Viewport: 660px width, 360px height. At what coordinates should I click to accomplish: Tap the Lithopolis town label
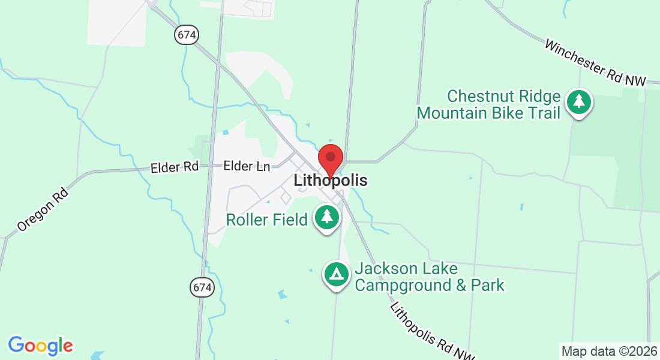(x=330, y=180)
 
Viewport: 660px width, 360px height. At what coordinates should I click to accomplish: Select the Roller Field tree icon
(x=326, y=217)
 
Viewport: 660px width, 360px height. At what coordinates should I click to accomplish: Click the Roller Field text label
(x=266, y=220)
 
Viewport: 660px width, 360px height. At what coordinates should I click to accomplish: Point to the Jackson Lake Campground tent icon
(x=337, y=274)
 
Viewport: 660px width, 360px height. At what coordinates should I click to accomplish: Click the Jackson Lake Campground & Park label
(x=430, y=277)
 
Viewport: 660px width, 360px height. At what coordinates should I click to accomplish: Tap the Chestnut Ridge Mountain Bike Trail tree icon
(x=578, y=102)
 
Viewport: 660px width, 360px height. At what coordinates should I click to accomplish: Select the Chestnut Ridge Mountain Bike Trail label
(x=489, y=104)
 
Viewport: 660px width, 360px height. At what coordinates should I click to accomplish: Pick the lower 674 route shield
(x=203, y=287)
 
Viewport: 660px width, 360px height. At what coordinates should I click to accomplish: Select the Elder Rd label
(x=175, y=167)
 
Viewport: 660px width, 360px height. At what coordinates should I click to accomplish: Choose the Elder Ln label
(x=247, y=166)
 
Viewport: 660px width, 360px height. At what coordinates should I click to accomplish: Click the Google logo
(x=40, y=346)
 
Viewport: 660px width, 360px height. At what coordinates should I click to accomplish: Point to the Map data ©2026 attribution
(x=608, y=351)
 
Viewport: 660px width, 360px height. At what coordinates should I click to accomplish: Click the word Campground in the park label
(x=403, y=284)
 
